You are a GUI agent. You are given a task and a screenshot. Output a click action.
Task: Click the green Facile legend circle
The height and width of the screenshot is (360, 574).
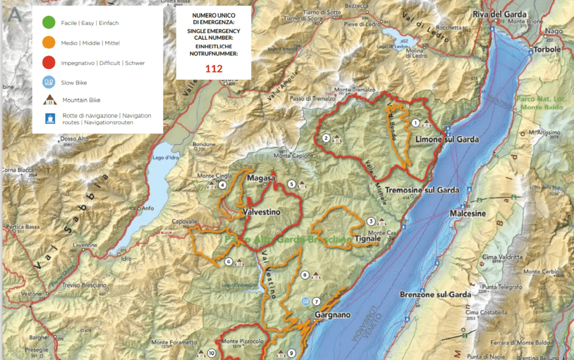[x=48, y=23]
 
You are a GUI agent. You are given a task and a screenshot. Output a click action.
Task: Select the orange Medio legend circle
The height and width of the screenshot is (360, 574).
[x=48, y=43]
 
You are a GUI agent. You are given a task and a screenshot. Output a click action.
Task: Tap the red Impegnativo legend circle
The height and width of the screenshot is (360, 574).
[x=48, y=63]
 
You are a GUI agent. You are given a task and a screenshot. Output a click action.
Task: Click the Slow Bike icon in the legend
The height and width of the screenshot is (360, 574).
[x=48, y=82]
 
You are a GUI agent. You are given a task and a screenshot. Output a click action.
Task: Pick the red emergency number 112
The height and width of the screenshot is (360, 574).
[x=213, y=68]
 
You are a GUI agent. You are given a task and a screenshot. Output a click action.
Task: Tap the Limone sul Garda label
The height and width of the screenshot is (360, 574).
[x=446, y=139]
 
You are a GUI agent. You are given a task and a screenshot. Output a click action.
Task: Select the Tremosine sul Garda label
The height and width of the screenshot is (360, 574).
[x=422, y=190]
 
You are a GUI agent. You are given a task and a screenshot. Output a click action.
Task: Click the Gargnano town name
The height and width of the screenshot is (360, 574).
[x=332, y=315]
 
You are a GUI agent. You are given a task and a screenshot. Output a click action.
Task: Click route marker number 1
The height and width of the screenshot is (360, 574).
[x=415, y=123]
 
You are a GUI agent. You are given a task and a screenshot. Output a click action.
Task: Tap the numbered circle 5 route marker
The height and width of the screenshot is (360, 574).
[x=291, y=184]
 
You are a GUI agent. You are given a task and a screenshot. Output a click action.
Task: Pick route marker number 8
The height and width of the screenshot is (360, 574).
[x=305, y=275]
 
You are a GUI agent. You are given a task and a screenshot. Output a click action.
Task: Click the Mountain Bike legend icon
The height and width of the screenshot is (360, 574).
[x=48, y=100]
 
